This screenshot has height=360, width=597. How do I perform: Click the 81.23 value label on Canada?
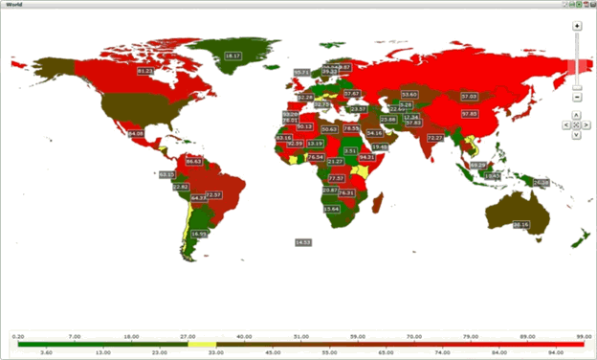(145, 72)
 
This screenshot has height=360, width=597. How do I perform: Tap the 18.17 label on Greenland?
(232, 56)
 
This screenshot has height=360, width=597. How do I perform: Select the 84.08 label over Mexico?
(135, 133)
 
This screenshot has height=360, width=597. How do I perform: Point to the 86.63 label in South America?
(193, 162)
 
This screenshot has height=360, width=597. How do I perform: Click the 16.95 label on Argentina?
(199, 234)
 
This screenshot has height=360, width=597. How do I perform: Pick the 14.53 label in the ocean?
(303, 242)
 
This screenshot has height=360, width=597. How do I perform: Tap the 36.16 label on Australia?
(520, 224)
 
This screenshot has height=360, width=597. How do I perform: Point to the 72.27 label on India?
(435, 138)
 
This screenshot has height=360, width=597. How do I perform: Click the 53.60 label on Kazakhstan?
(409, 94)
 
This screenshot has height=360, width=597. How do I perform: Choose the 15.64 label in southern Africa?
(331, 209)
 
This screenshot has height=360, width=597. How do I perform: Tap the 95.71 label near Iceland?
(301, 72)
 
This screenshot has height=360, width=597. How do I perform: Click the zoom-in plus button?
(577, 26)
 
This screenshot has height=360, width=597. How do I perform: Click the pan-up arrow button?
(576, 114)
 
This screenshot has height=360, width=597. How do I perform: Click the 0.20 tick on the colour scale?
(17, 336)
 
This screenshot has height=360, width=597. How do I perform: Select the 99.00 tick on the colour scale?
(580, 336)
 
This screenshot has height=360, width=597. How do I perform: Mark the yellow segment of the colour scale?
(203, 344)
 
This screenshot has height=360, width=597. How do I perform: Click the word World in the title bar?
(15, 5)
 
